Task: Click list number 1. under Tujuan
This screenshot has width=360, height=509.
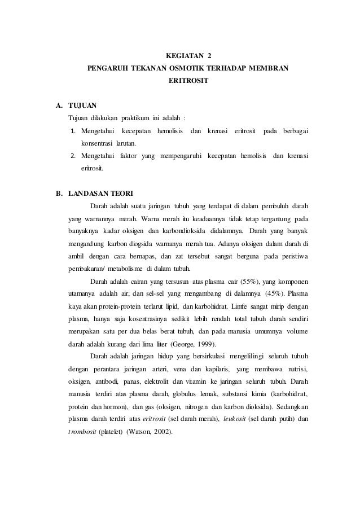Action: point(73,131)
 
